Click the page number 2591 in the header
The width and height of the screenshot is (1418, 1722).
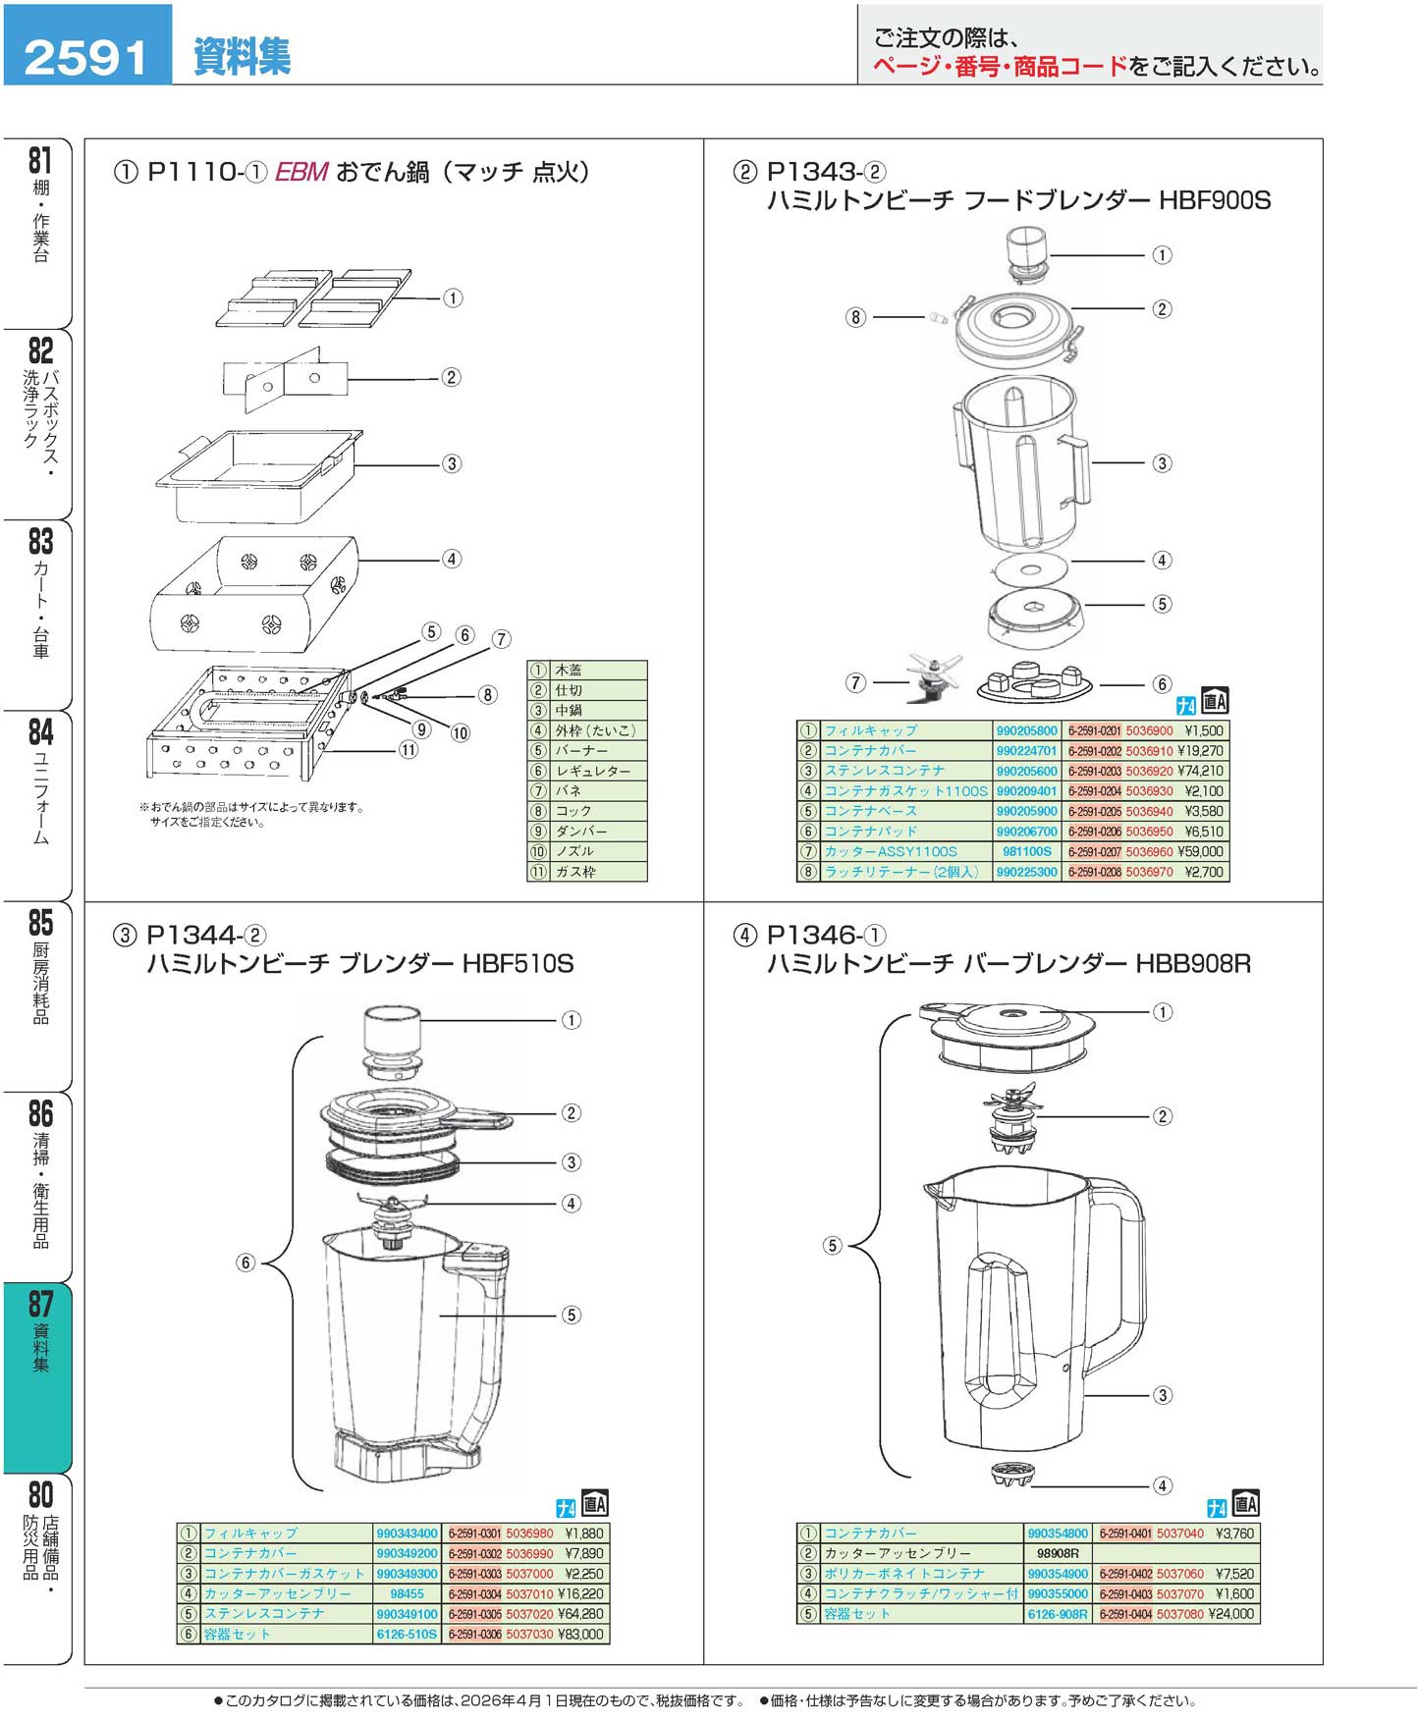pos(85,56)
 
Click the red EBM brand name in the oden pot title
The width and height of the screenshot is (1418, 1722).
pos(300,172)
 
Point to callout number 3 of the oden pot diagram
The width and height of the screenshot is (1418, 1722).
pos(452,463)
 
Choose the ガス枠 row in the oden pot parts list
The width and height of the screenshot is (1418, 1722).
pos(587,872)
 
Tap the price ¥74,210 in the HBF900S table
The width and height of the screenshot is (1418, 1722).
pos(1200,771)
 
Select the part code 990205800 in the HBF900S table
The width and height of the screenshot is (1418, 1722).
pos(1026,730)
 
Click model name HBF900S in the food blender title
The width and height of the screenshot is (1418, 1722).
pos(1215,201)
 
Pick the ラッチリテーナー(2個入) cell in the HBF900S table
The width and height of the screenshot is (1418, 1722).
pos(902,872)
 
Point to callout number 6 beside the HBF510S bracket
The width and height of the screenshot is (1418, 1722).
pos(245,1263)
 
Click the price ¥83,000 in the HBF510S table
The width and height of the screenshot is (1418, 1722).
pos(580,1635)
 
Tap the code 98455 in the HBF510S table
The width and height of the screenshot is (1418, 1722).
pos(407,1594)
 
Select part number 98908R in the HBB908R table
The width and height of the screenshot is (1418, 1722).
pos(1057,1553)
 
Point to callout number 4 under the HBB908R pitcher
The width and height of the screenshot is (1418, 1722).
pos(1162,1485)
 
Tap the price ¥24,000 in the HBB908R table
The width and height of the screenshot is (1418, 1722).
pos(1231,1614)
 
